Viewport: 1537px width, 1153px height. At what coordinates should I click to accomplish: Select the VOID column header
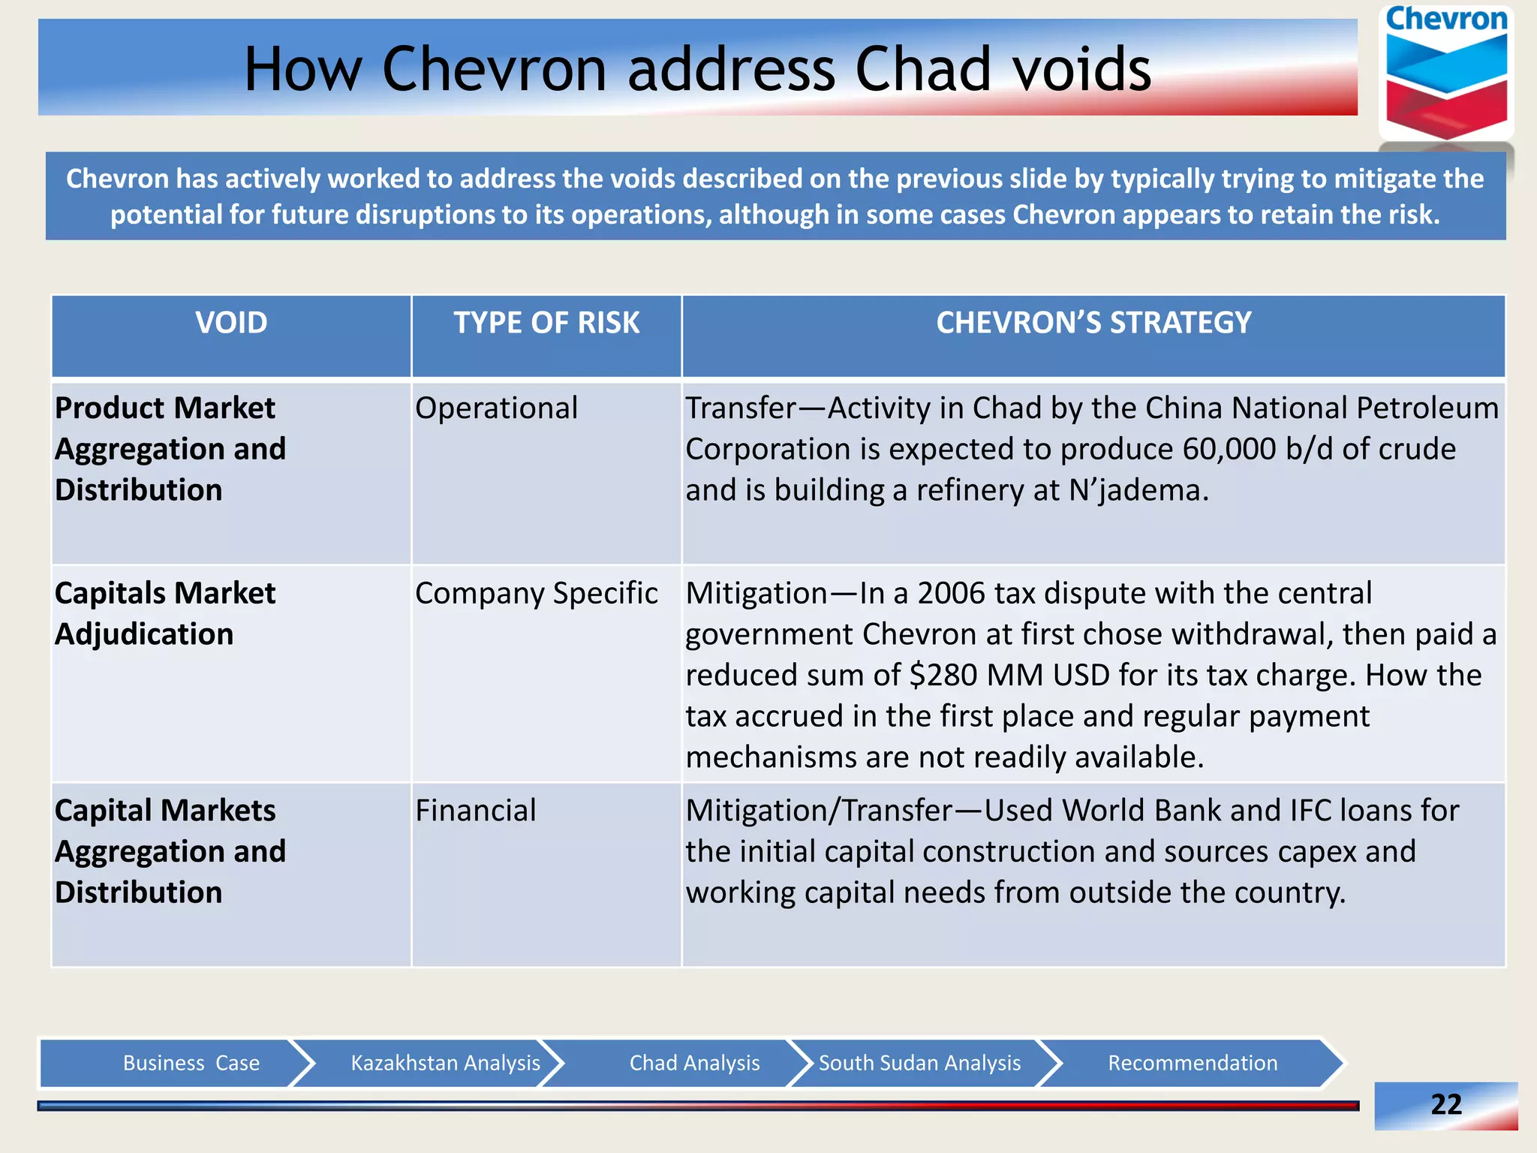pos(231,323)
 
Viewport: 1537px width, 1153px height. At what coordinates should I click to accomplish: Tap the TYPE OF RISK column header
pos(546,323)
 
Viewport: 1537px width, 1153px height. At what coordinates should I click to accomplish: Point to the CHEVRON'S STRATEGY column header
pos(1093,323)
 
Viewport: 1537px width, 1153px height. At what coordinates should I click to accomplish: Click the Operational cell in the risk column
pos(496,408)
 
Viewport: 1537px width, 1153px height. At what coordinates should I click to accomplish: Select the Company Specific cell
pos(536,593)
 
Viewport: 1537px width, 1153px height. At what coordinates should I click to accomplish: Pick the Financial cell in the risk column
pos(476,811)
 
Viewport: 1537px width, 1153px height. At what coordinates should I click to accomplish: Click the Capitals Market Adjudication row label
pos(165,613)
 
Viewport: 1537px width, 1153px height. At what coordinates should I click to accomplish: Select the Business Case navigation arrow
pos(191,1063)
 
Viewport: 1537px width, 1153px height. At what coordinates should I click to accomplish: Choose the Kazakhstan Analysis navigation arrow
pos(445,1063)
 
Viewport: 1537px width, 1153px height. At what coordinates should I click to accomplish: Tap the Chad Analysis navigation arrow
pos(694,1063)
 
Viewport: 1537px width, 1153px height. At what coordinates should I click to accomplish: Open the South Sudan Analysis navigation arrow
pos(919,1063)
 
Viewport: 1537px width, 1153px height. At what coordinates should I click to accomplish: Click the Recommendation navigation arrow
pos(1193,1063)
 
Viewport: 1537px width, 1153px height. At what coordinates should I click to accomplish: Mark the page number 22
pos(1445,1104)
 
